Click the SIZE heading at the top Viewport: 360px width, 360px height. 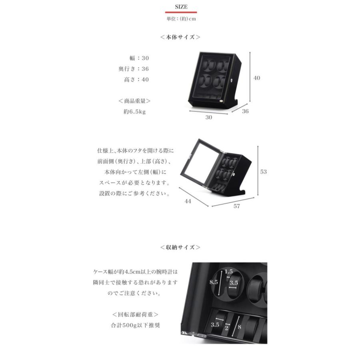pos(181,7)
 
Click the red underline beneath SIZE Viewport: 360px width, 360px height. pos(181,12)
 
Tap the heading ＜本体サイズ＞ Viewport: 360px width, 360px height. pos(180,37)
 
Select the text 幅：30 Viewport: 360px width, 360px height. pos(139,58)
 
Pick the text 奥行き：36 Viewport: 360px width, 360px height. pos(134,69)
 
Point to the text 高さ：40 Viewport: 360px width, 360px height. pos(136,80)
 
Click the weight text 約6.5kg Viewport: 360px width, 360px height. pos(134,112)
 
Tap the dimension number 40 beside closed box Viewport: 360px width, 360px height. pos(256,78)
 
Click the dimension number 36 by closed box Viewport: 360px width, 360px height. pos(245,112)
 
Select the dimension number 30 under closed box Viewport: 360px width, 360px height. pos(209,118)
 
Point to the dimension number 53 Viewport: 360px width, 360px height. pos(263,172)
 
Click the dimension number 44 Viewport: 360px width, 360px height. pos(188,201)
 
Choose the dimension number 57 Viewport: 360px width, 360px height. pos(236,206)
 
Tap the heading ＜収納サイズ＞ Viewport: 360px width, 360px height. pos(180,247)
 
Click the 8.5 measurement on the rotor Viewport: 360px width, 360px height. pos(214,282)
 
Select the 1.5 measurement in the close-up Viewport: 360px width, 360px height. pos(228,272)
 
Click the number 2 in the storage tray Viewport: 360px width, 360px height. pos(227,328)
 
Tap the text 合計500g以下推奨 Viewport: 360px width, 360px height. pos(135,325)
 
